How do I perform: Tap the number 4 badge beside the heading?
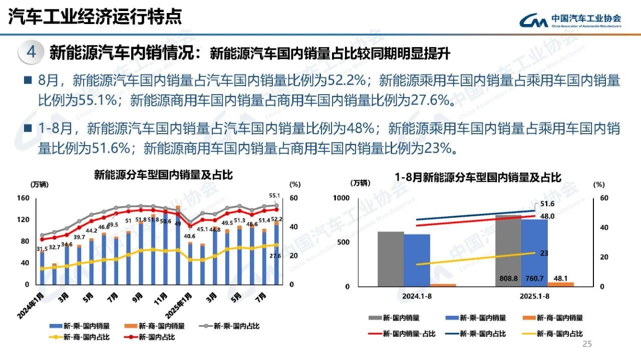click(x=31, y=53)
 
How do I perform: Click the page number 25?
click(x=587, y=344)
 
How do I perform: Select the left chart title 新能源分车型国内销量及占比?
click(x=163, y=175)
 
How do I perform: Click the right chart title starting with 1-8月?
click(x=478, y=177)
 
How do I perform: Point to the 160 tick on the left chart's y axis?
click(x=23, y=198)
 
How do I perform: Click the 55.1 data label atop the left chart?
click(x=274, y=196)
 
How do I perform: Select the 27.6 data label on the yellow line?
click(x=275, y=256)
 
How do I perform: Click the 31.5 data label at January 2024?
click(x=42, y=249)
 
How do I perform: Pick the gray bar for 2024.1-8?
click(x=391, y=259)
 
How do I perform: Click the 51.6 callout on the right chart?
click(x=547, y=204)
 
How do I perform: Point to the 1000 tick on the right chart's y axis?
click(x=342, y=198)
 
